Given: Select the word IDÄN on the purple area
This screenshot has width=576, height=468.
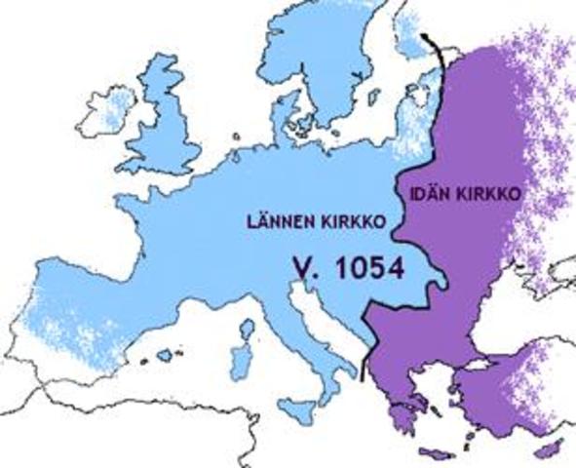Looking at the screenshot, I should [x=419, y=195].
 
